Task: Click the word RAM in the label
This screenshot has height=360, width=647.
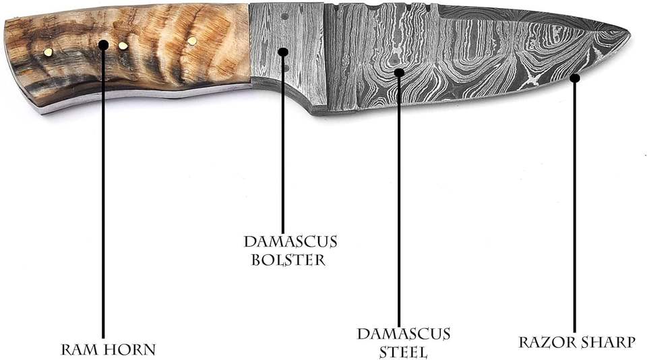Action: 76,350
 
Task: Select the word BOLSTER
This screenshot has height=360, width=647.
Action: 288,260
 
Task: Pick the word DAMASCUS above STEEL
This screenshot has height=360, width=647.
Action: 404,334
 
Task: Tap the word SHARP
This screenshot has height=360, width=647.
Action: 609,342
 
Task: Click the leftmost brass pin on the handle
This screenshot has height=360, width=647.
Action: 48,51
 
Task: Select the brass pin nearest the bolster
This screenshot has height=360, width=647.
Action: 192,41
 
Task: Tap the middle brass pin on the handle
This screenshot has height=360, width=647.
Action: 123,46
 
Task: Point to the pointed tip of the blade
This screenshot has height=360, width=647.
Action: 629,32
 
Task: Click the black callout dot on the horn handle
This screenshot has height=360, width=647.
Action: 103,45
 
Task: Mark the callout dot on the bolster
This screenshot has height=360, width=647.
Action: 282,52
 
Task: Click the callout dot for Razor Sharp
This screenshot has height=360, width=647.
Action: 574,78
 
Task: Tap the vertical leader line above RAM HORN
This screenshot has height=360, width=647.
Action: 103,202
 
